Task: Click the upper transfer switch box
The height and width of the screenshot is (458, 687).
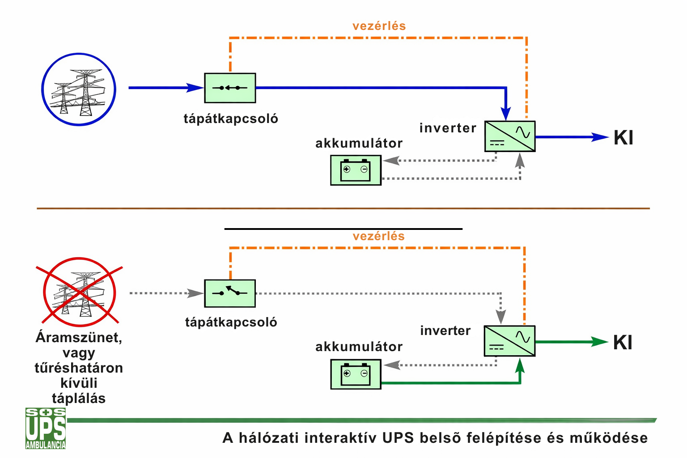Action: pyautogui.click(x=230, y=88)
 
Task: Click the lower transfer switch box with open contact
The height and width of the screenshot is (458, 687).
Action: pyautogui.click(x=230, y=293)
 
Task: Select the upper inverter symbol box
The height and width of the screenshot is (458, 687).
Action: pyautogui.click(x=510, y=136)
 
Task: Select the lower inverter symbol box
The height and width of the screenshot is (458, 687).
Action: pyautogui.click(x=509, y=341)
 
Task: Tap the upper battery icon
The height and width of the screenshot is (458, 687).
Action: pyautogui.click(x=356, y=170)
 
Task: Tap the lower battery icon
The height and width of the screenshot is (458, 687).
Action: pyautogui.click(x=356, y=374)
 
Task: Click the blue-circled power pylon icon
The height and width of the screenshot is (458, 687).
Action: pyautogui.click(x=79, y=89)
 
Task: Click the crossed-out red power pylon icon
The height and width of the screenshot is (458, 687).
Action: pyautogui.click(x=79, y=292)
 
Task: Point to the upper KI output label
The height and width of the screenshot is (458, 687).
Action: pyautogui.click(x=623, y=138)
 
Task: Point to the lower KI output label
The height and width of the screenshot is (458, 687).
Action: pyautogui.click(x=623, y=343)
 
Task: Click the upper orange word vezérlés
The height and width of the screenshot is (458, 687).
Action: pyautogui.click(x=379, y=26)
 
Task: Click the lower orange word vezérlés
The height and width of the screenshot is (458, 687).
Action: pyautogui.click(x=378, y=236)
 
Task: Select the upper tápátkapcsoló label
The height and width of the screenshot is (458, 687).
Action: pyautogui.click(x=231, y=119)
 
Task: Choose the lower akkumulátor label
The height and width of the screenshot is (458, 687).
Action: pyautogui.click(x=359, y=347)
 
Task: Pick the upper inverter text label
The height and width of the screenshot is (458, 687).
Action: pyautogui.click(x=448, y=128)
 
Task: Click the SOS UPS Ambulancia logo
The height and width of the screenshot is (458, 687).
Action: pyautogui.click(x=46, y=428)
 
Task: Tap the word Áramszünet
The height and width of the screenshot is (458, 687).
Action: pyautogui.click(x=79, y=337)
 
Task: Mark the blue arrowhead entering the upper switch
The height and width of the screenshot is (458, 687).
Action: pyautogui.click(x=195, y=88)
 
